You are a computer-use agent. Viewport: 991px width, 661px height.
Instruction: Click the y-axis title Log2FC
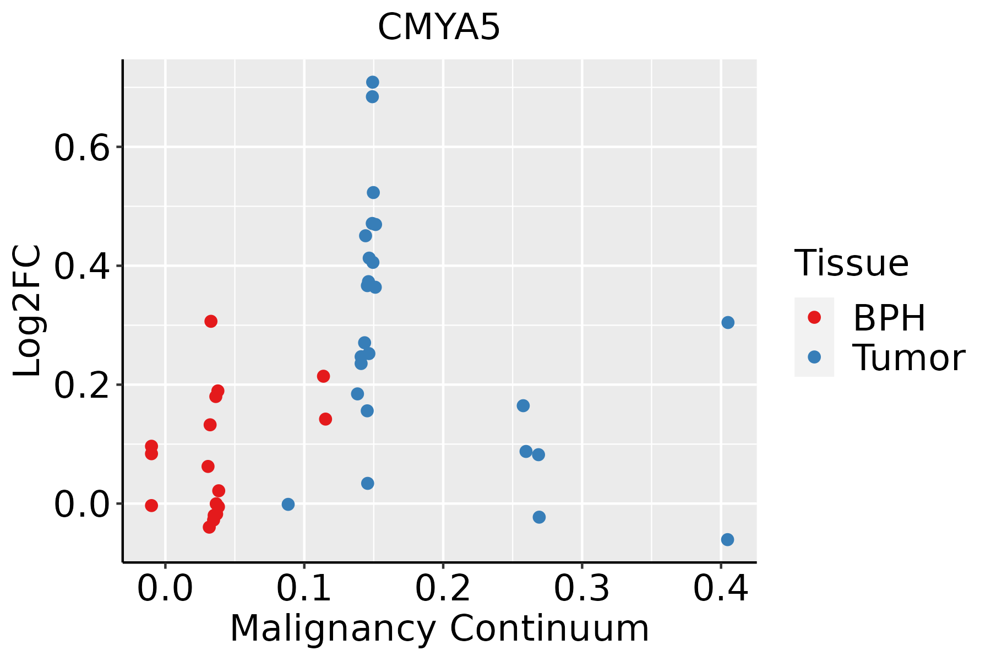(x=28, y=311)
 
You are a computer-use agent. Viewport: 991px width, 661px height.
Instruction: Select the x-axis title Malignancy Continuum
(x=439, y=629)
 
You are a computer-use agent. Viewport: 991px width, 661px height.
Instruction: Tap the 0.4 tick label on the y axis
(x=83, y=267)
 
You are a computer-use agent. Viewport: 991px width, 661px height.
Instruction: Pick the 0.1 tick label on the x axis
(x=304, y=589)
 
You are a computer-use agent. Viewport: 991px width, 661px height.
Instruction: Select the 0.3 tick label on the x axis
(x=581, y=589)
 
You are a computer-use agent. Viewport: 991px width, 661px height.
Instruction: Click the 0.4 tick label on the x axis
(x=720, y=589)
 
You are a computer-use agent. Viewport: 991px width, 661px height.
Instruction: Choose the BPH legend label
(x=889, y=318)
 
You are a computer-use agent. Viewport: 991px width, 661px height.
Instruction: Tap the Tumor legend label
(x=909, y=357)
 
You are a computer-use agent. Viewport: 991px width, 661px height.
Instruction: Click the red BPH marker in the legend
(x=814, y=317)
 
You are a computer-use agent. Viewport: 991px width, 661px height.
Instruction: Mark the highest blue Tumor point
(x=373, y=82)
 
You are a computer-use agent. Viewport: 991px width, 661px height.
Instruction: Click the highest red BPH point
(x=211, y=321)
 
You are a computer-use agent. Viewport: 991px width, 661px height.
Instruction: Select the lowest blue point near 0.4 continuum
(x=727, y=539)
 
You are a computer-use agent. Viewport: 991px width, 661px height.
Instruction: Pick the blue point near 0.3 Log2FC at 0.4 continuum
(x=728, y=322)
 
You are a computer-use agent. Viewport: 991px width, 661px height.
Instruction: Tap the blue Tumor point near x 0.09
(x=288, y=504)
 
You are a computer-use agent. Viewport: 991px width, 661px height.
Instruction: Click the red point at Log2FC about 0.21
(x=323, y=376)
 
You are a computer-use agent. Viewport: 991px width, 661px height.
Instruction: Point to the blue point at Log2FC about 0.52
(x=373, y=192)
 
